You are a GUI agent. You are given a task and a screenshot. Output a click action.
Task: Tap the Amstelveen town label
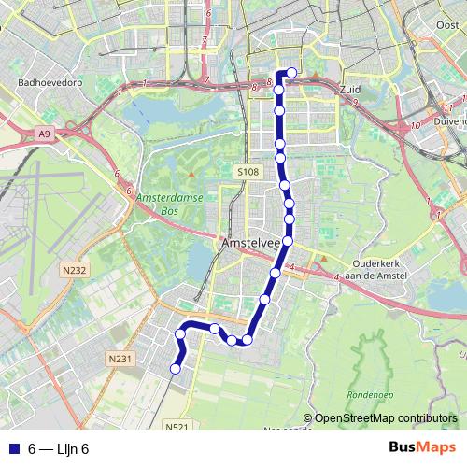(x=251, y=243)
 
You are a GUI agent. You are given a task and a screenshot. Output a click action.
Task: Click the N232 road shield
(x=74, y=271)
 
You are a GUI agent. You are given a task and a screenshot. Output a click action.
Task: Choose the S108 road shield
(x=247, y=173)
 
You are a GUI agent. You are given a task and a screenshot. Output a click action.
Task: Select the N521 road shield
(x=177, y=427)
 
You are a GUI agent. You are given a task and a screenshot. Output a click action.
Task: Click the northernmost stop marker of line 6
(x=291, y=73)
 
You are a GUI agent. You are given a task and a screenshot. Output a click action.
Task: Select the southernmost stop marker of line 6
(x=175, y=370)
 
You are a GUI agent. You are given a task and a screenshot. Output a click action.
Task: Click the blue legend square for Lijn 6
(x=13, y=448)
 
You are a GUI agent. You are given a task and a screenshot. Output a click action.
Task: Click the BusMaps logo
(x=422, y=447)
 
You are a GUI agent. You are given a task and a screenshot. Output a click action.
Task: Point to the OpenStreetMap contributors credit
(x=384, y=417)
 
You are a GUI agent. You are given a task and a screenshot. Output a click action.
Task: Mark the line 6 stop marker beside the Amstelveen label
(x=287, y=242)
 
